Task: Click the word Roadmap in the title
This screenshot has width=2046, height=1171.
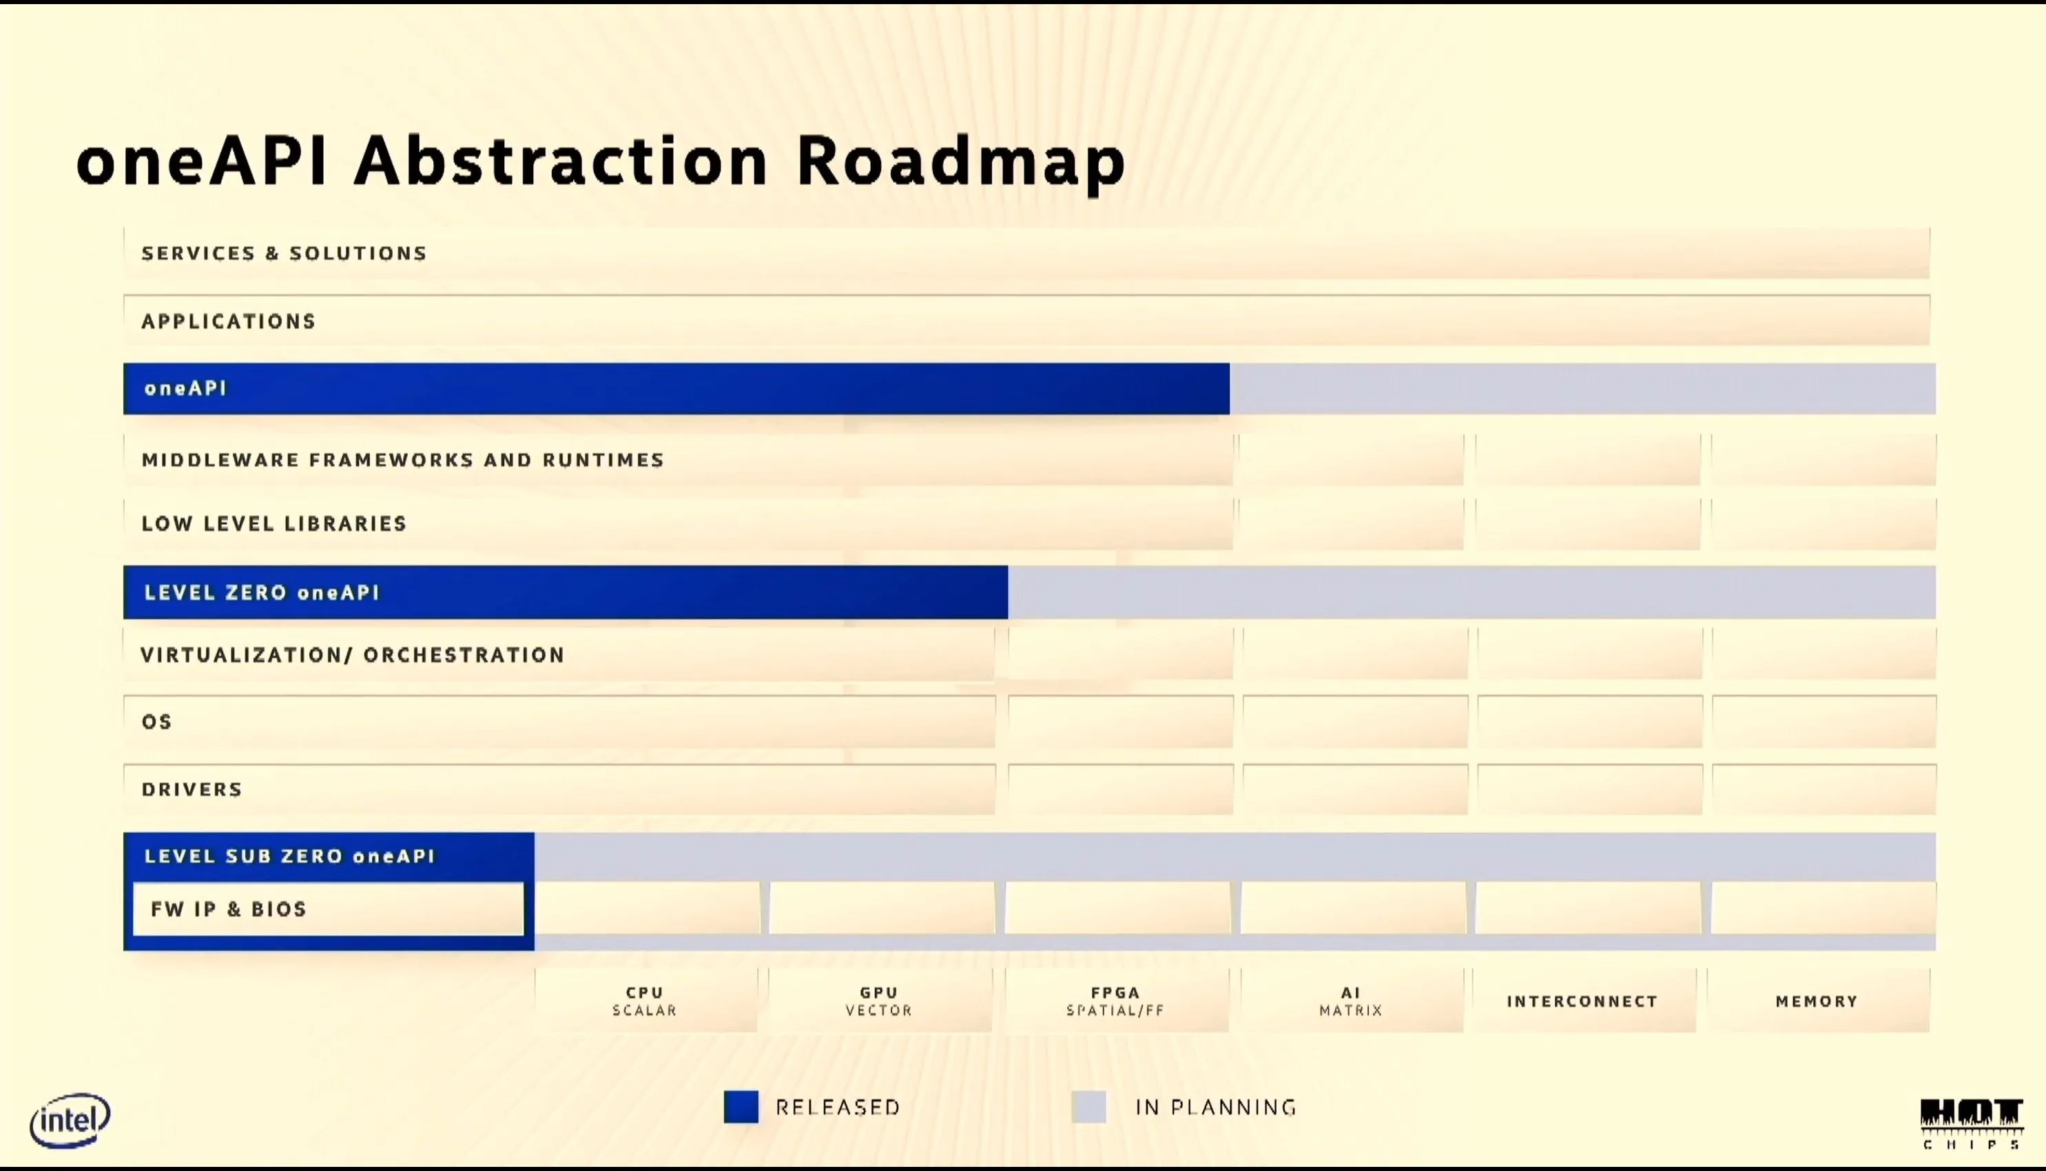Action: [961, 164]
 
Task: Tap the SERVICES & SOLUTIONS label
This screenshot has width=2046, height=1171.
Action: [285, 253]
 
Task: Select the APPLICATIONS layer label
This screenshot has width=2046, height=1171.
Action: [229, 322]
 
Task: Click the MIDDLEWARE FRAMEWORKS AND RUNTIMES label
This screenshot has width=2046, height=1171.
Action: [403, 460]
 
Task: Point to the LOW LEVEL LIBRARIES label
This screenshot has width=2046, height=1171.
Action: [274, 524]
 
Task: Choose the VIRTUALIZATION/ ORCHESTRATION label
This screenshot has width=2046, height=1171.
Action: [353, 654]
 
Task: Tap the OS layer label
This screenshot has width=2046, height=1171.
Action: [157, 721]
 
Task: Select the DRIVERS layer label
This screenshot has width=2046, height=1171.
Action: [192, 789]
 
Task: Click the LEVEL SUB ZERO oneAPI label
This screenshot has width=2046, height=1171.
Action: [289, 856]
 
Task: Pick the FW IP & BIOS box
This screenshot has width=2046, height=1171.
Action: [328, 909]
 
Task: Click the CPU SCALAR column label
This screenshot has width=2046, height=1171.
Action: [645, 1002]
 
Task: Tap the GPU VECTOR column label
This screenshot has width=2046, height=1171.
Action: [879, 1002]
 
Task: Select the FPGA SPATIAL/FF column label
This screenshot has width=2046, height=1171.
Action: [1115, 1002]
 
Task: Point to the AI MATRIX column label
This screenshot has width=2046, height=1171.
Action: [1351, 1002]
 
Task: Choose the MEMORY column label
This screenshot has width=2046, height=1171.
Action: [1817, 1002]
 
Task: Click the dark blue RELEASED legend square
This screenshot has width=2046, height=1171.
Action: [741, 1107]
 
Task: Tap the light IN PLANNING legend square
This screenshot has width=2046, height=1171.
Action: [1089, 1107]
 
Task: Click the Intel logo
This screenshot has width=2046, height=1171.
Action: [70, 1120]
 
